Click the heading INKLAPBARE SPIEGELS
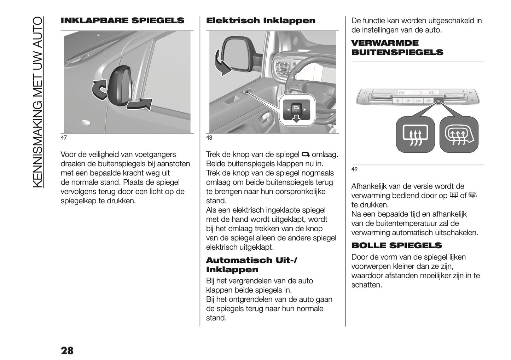pyautogui.click(x=122, y=21)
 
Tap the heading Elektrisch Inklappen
pyautogui.click(x=261, y=21)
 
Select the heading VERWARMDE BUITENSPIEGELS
pyautogui.click(x=397, y=48)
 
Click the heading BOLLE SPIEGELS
pyautogui.click(x=396, y=245)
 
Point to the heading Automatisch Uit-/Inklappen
pyautogui.click(x=251, y=265)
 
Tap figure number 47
pyautogui.click(x=64, y=138)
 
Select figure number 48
pyautogui.click(x=209, y=138)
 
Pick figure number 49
pyautogui.click(x=354, y=169)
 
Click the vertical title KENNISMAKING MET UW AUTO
pyautogui.click(x=37, y=103)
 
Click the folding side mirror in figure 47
pyautogui.click(x=120, y=85)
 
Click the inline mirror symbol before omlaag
pyautogui.click(x=306, y=155)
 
